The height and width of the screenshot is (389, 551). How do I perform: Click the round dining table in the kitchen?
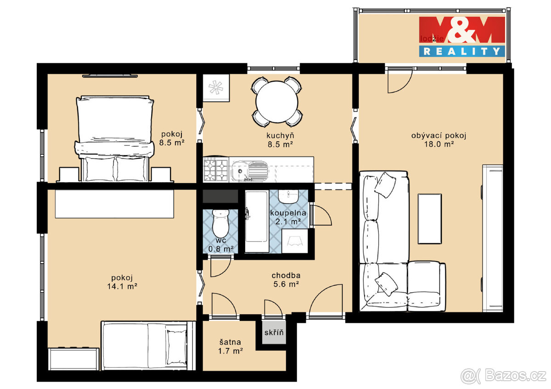(277, 102)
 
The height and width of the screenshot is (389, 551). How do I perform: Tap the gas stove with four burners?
(216, 170)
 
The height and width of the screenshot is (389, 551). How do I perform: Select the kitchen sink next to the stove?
(248, 170)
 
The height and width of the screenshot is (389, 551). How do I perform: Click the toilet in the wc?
(221, 223)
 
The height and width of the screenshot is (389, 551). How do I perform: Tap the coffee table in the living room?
(429, 218)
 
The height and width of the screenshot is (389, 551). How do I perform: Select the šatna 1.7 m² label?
(231, 346)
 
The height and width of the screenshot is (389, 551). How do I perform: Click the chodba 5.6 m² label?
(286, 279)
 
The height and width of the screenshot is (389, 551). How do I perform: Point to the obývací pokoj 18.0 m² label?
(439, 139)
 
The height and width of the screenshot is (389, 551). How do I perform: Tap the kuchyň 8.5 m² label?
(280, 139)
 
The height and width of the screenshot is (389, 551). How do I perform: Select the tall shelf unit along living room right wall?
(492, 238)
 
